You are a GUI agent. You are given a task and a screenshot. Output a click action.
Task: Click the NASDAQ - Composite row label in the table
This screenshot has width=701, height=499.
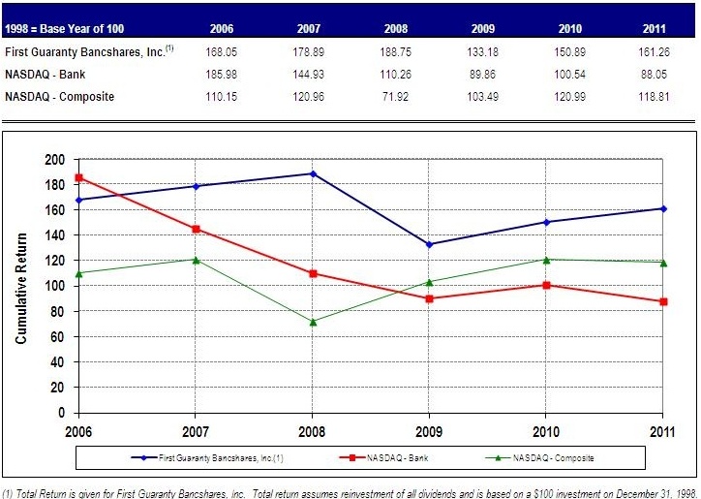click(60, 97)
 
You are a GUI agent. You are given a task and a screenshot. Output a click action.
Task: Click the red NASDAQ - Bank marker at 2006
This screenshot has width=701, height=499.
click(80, 177)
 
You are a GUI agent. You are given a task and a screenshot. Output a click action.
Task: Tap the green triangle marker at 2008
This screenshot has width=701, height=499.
click(313, 321)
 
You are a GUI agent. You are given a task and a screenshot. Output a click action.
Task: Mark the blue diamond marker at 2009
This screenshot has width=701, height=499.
click(430, 244)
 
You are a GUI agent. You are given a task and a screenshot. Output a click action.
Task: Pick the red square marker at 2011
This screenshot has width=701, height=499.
click(663, 301)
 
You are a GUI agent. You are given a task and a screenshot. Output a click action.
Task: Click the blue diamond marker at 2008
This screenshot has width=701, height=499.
click(313, 173)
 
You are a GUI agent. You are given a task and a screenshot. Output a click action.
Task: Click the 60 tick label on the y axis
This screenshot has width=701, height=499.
click(60, 336)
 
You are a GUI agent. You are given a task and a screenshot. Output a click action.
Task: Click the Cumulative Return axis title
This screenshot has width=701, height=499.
click(20, 286)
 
